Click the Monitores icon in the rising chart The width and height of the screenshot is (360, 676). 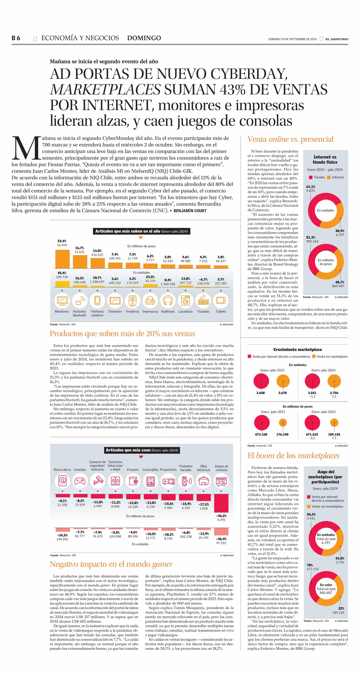pyautogui.click(x=62, y=301)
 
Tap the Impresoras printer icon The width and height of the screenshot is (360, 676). pyautogui.click(x=150, y=301)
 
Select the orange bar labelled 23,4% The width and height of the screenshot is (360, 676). pyautogui.click(x=62, y=259)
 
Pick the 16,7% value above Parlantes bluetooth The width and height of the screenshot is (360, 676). pyautogui.click(x=79, y=248)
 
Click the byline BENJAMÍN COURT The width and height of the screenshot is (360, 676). pyautogui.click(x=190, y=211)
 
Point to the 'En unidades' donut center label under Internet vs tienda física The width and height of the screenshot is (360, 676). pyautogui.click(x=326, y=210)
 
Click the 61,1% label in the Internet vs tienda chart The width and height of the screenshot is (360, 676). pyautogui.click(x=311, y=187)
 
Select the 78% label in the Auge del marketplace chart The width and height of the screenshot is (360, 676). pyautogui.click(x=310, y=565)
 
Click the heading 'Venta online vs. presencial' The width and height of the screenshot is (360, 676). pyautogui.click(x=290, y=139)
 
